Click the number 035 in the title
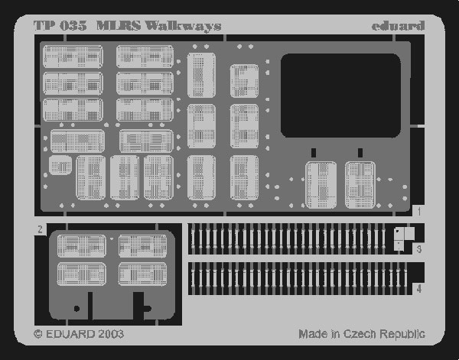tap(73, 26)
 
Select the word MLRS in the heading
tap(119, 26)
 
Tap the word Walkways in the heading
tap(184, 26)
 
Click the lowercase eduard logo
tap(398, 26)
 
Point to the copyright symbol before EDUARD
tap(38, 334)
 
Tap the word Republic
tap(402, 334)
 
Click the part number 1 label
tap(419, 212)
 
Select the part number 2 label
tap(40, 229)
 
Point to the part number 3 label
tap(419, 249)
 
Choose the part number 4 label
tap(419, 289)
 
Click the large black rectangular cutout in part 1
tap(340, 96)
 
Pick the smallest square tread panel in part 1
tap(60, 165)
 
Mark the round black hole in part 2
tap(77, 308)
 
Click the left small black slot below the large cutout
tap(314, 153)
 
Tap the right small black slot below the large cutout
tap(360, 153)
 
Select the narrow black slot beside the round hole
tap(90, 306)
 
